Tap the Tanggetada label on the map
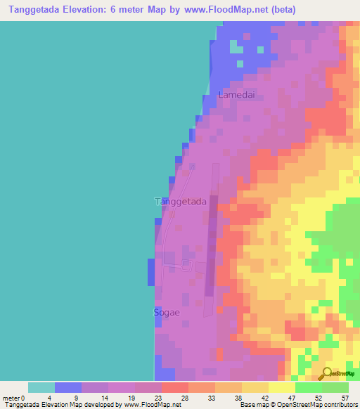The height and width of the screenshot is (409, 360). coord(180,202)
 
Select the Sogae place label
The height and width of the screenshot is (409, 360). coord(166,311)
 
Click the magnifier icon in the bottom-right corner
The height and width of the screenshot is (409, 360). coord(327,374)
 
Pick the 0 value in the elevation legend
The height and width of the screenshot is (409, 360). coord(23,398)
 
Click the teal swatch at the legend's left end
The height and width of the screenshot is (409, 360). coord(41,387)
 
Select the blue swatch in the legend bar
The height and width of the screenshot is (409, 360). coord(68,387)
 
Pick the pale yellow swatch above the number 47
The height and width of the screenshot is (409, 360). coord(282,387)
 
